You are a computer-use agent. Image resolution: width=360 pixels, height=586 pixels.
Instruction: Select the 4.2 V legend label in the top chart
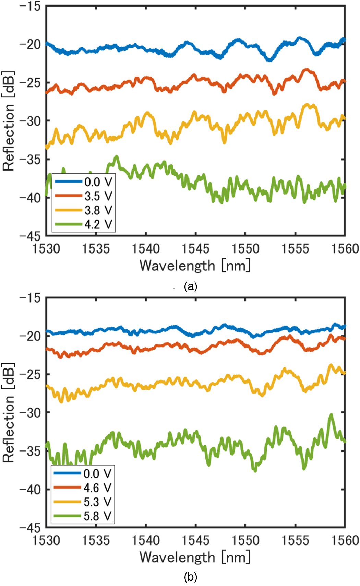point(98,224)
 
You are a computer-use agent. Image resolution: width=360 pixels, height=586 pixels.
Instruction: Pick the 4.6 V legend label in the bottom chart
point(97,488)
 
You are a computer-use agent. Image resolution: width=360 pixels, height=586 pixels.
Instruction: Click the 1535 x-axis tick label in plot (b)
point(96,540)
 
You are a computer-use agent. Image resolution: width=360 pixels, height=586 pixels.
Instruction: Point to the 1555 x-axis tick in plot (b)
point(295,540)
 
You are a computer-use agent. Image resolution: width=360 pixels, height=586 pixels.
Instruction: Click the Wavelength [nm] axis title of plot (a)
point(195,266)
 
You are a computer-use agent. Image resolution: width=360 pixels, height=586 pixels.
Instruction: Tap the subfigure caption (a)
point(191,286)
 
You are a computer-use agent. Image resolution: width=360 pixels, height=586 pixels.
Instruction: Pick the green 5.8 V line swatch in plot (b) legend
point(68,516)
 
